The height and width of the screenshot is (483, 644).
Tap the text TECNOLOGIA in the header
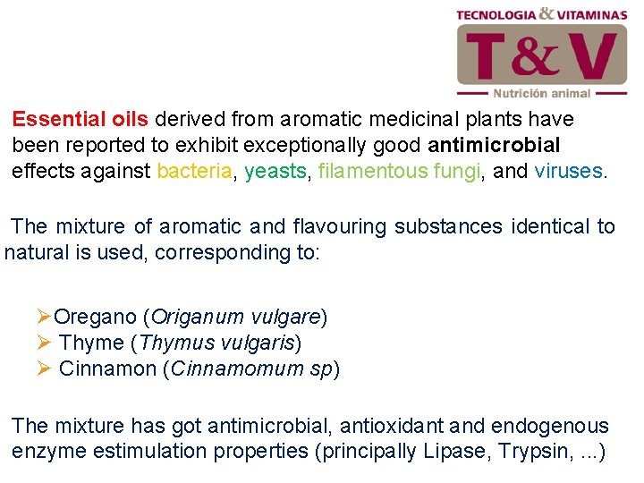coord(496,14)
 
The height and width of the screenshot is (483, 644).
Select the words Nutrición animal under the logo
coord(542,93)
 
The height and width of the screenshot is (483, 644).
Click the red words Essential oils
coord(82,119)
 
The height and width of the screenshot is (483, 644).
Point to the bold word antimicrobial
coord(494,145)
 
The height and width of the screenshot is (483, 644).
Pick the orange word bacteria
coord(195,171)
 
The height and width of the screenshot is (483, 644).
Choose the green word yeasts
coord(275,171)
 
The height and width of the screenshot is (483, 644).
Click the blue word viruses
coord(568,171)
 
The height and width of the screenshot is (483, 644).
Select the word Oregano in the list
coord(95,317)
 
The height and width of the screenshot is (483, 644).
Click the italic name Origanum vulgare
coord(235,317)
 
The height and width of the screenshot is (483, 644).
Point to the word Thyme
coord(91,343)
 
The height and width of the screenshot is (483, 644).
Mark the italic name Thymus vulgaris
coord(215,343)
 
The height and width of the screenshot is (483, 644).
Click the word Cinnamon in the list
coord(106,369)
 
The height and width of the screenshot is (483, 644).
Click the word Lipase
coord(454,453)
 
